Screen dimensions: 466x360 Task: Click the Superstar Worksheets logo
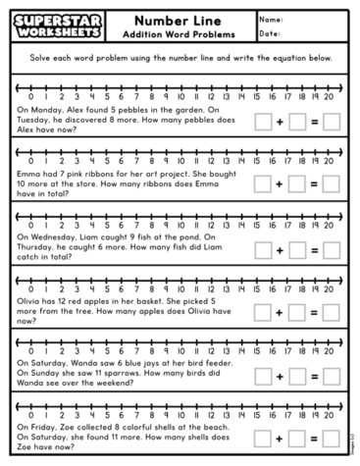(51, 26)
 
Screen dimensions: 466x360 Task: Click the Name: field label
(273, 19)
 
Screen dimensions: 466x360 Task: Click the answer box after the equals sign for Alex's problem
(332, 123)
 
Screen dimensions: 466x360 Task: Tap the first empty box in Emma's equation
(263, 182)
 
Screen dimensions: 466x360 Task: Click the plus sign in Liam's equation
(280, 249)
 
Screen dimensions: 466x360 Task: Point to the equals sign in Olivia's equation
(315, 312)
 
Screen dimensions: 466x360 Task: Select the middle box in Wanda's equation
(297, 376)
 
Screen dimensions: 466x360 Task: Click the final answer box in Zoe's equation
(332, 438)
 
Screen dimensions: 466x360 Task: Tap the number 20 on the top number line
(329, 96)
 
